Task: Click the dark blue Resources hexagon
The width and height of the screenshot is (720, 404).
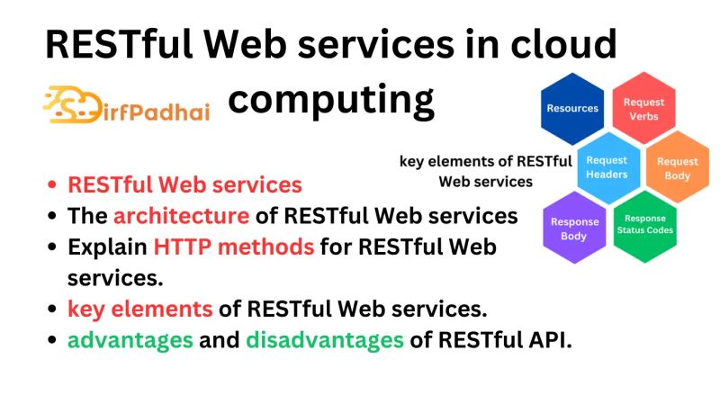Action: pyautogui.click(x=572, y=108)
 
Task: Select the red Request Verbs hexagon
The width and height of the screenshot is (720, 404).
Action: pyautogui.click(x=643, y=109)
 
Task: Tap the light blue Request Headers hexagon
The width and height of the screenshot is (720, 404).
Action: pyautogui.click(x=607, y=166)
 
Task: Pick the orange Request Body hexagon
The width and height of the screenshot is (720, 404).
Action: pyautogui.click(x=677, y=167)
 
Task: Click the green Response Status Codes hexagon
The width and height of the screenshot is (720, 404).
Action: pyautogui.click(x=644, y=225)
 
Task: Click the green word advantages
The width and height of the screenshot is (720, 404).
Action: pyautogui.click(x=130, y=341)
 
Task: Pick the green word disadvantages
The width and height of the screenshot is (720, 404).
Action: pyautogui.click(x=324, y=341)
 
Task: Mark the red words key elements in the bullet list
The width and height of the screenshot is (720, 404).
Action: pyautogui.click(x=140, y=310)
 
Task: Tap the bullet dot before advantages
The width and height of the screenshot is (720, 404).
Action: pyautogui.click(x=52, y=342)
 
